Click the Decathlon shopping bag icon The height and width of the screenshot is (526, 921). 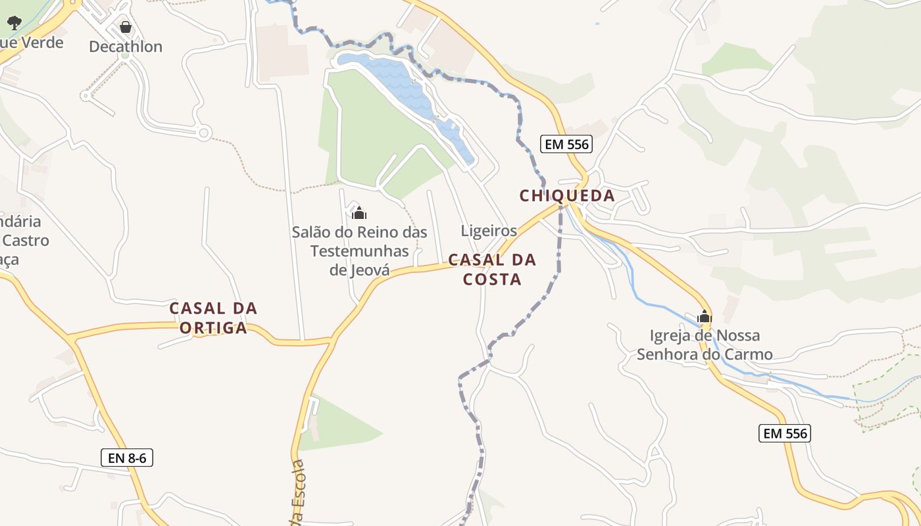point(125,27)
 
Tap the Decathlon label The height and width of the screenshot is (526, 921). point(125,47)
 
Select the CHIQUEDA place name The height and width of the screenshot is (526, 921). point(566,195)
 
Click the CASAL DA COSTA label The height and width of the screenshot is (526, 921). point(492,270)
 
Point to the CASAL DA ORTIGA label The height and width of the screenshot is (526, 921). point(213,318)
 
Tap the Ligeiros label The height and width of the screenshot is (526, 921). point(489,231)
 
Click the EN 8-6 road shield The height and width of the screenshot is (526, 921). point(127,458)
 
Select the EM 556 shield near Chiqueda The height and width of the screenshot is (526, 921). point(566,144)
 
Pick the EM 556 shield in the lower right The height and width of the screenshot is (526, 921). point(784,433)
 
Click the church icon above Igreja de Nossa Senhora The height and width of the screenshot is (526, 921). point(705,317)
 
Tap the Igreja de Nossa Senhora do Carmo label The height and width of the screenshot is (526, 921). point(705,345)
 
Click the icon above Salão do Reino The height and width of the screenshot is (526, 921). point(359,213)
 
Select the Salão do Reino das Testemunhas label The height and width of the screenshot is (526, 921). point(359,251)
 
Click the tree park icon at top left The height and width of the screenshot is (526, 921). point(14,23)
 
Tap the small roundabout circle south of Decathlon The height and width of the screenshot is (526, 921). point(204,133)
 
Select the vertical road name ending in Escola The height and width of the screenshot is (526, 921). point(299,493)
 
